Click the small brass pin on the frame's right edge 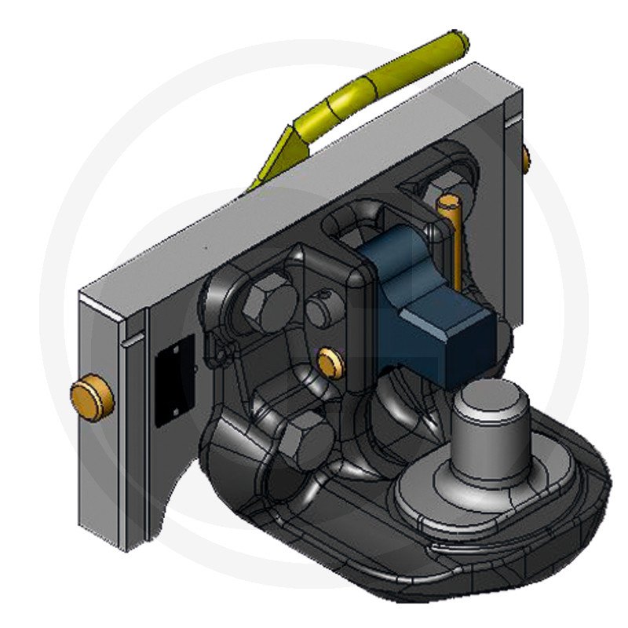525,159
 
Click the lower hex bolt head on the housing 302,436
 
